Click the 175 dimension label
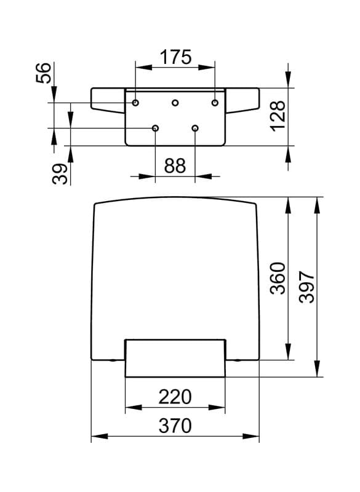175,57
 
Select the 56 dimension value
44,73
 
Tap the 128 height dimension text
278,116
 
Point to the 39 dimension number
60,174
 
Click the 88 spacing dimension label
175,165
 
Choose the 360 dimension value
278,278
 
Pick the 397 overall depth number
306,287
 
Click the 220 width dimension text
175,397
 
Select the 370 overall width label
175,426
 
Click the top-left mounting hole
135,103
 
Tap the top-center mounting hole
175,103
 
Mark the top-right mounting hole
215,103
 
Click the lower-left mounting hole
155,128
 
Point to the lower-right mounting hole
195,128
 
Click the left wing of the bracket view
108,100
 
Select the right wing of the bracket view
242,100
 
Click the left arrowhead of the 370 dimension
100,436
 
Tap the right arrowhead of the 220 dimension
217,408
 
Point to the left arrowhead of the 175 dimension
144,67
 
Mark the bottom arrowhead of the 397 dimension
318,368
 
